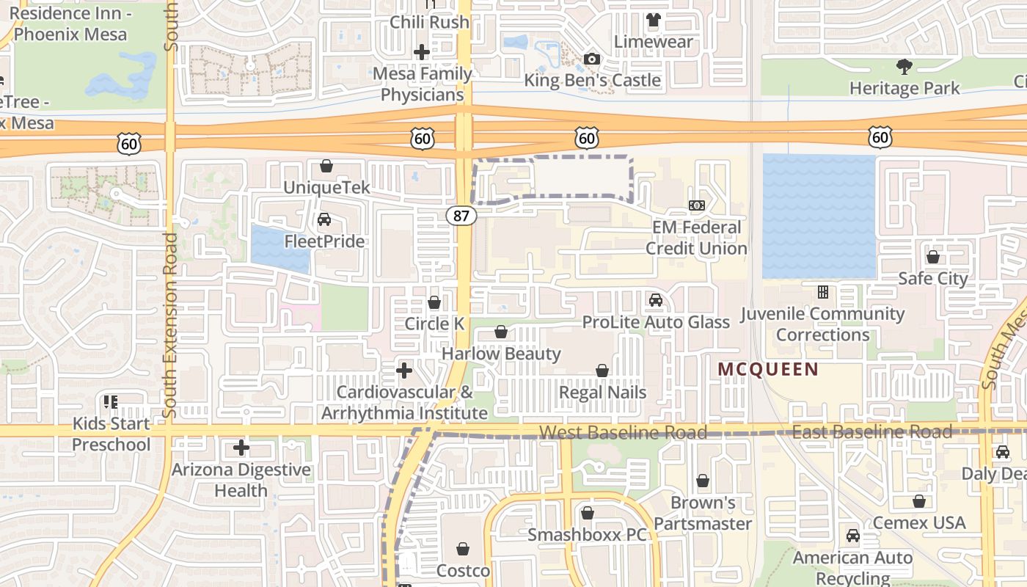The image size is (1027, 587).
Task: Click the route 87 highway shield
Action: [460, 216]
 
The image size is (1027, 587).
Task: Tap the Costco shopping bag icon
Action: [463, 549]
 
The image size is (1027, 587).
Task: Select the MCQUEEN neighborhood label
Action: [767, 369]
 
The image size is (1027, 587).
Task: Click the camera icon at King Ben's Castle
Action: [591, 59]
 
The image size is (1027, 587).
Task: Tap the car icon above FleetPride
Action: [324, 219]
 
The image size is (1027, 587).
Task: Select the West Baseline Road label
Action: [623, 432]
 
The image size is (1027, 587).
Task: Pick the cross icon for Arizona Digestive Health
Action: [241, 448]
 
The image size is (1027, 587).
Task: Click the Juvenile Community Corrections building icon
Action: [822, 292]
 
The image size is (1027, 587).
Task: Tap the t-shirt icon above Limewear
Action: [653, 21]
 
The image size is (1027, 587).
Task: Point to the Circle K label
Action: [435, 324]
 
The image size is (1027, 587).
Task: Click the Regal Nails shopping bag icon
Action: [602, 371]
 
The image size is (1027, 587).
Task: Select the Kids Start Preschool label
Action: [112, 434]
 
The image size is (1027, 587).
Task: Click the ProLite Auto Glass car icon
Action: [655, 300]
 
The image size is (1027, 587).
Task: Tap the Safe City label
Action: [933, 278]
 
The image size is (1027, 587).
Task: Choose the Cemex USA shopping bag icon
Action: [919, 502]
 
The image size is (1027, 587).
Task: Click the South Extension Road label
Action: [170, 325]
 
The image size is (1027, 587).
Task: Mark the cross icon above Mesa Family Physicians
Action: [421, 52]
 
